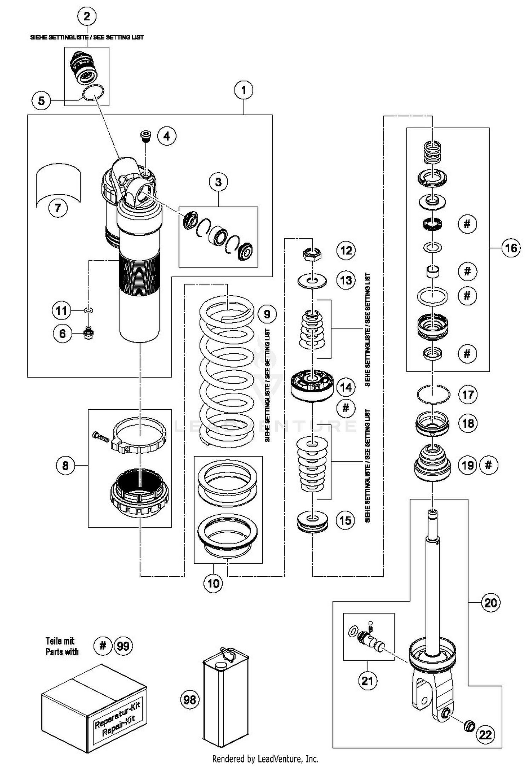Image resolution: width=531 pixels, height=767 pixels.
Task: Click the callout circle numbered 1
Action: tap(244, 90)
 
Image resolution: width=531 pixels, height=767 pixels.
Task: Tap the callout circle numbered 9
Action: tap(267, 314)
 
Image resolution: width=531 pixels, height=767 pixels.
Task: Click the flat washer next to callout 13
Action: tap(312, 281)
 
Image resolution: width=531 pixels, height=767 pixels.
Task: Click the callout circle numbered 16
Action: tap(511, 248)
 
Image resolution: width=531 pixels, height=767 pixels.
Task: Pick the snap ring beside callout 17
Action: tap(433, 394)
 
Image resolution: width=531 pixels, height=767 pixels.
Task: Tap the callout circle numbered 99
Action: tap(123, 646)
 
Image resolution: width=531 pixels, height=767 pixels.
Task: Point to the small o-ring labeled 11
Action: tap(88, 310)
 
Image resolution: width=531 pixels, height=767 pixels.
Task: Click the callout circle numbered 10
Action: tap(213, 583)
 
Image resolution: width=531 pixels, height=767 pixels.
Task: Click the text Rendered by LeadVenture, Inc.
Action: tap(265, 758)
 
